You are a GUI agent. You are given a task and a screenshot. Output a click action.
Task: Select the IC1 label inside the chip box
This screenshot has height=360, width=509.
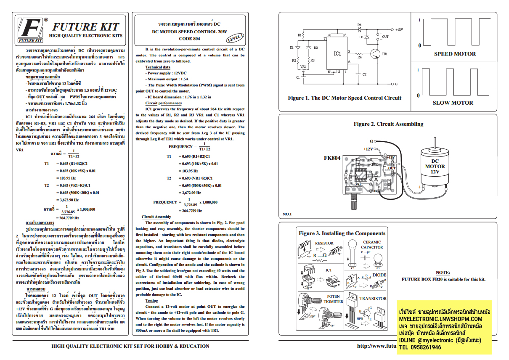pos(337,53)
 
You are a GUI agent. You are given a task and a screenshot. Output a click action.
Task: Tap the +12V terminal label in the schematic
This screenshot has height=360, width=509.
pos(399,30)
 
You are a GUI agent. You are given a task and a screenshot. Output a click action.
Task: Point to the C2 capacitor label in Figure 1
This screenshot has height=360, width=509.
pos(364,75)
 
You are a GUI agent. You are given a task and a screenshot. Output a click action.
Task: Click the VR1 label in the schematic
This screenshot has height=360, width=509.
pos(303,66)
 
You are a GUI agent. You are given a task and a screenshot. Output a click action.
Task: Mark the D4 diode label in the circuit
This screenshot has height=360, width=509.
pos(359,25)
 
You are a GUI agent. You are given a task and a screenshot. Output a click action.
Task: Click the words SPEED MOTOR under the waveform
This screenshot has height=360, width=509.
pos(455,54)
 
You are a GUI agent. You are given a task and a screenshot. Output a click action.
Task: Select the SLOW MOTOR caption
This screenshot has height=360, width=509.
pos(453,103)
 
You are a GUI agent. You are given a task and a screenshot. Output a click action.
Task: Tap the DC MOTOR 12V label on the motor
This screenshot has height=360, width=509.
pos(435,166)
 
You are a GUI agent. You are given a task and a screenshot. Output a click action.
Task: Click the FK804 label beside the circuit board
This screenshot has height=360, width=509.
pos(332,159)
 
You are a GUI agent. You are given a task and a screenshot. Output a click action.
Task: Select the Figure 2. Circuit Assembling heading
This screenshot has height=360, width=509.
pos(388,124)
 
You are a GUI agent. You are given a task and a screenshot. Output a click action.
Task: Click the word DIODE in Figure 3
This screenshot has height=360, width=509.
pos(379,275)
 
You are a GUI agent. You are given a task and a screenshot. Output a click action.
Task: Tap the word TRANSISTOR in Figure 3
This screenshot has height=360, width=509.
pos(373,299)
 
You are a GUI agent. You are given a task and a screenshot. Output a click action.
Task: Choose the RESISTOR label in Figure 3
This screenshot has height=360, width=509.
pos(324,243)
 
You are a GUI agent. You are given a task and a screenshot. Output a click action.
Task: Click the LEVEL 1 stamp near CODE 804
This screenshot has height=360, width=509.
pos(235,38)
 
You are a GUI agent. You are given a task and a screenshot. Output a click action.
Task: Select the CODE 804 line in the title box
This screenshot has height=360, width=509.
pos(189,38)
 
